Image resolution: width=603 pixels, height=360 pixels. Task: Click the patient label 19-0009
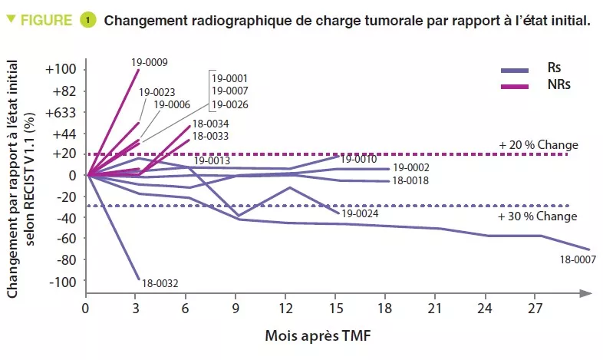150,62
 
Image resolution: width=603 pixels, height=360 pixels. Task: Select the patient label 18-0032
160,283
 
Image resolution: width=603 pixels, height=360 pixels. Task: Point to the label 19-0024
360,214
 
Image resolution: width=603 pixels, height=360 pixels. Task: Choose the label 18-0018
410,181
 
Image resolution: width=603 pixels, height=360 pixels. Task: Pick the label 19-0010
358,160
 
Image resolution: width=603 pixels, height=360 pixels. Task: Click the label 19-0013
212,161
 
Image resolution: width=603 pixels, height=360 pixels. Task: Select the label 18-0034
209,124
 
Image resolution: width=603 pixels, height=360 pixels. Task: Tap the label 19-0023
157,92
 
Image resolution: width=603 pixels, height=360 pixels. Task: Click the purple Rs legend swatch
515,69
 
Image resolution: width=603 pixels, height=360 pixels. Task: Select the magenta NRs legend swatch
515,85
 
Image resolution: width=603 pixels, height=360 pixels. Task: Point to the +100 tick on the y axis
61,70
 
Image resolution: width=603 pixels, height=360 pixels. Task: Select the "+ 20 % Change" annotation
539,144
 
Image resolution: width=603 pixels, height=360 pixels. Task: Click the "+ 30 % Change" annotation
539,216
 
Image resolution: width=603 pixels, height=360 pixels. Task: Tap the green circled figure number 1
88,20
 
